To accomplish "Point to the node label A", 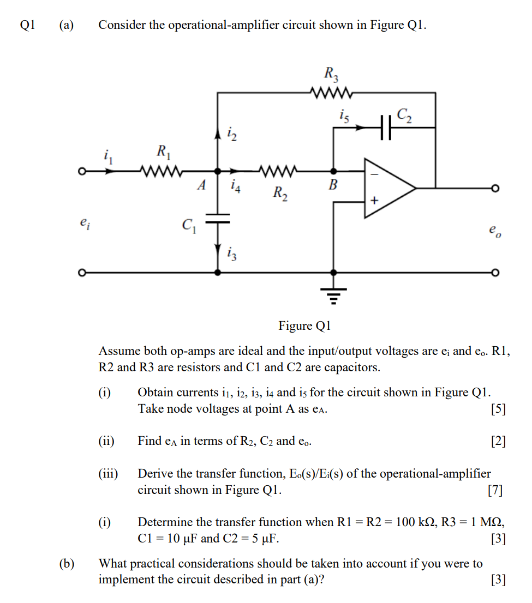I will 201,185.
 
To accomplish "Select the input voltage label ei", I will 83,222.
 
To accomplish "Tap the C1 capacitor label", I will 189,224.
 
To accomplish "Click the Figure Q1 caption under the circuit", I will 304,326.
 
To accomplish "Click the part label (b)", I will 67,563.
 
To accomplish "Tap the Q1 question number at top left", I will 27,25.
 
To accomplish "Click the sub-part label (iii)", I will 109,474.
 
